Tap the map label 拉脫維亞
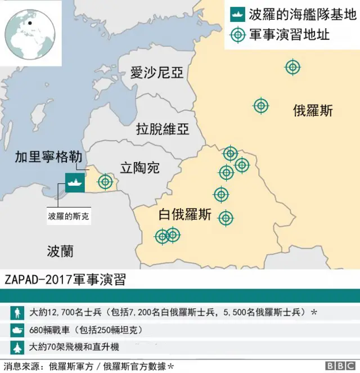(163, 129)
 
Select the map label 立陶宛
(140, 167)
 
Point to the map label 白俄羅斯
(185, 215)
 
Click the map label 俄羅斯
(313, 110)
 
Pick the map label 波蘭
(60, 250)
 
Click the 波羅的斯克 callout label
(69, 215)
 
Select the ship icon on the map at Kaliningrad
(74, 182)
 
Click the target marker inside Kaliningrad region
(105, 182)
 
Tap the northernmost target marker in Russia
(292, 67)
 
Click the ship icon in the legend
(238, 14)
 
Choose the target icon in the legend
(238, 35)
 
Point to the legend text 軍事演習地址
(289, 35)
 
